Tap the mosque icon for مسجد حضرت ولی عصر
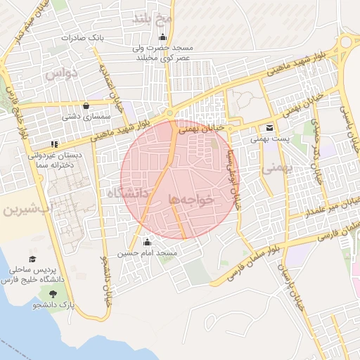click(x=163, y=37)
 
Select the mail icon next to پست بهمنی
click(x=270, y=127)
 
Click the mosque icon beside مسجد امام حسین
click(x=146, y=243)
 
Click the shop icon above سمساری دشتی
click(x=86, y=106)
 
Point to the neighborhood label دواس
click(x=60, y=73)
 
